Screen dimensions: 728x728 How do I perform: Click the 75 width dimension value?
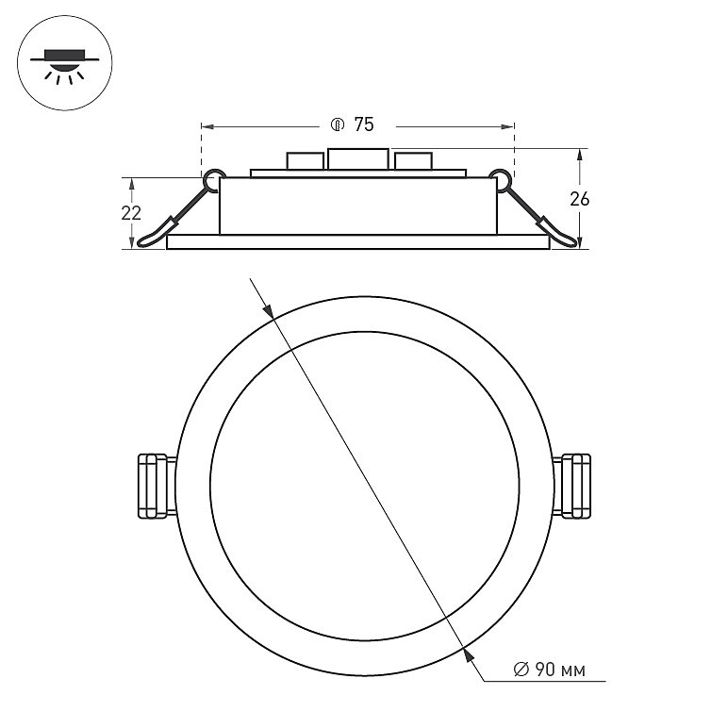pyautogui.click(x=364, y=124)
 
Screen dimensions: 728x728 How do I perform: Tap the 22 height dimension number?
pyautogui.click(x=131, y=213)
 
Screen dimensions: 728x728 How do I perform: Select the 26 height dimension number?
pyautogui.click(x=580, y=198)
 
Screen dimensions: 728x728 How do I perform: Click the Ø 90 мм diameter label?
pyautogui.click(x=549, y=670)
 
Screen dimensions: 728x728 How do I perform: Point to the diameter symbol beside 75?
pyautogui.click(x=337, y=124)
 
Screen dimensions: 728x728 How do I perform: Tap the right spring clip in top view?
pyautogui.click(x=573, y=486)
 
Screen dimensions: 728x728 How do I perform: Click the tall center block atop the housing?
pyautogui.click(x=358, y=159)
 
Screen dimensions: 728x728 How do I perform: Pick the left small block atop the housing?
pyautogui.click(x=305, y=161)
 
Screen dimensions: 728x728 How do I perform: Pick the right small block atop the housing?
pyautogui.click(x=413, y=161)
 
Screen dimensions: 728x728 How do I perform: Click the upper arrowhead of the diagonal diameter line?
pyautogui.click(x=267, y=309)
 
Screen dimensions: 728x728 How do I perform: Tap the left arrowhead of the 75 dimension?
pyautogui.click(x=207, y=124)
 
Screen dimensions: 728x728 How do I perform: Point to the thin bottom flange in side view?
pyautogui.click(x=357, y=242)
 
